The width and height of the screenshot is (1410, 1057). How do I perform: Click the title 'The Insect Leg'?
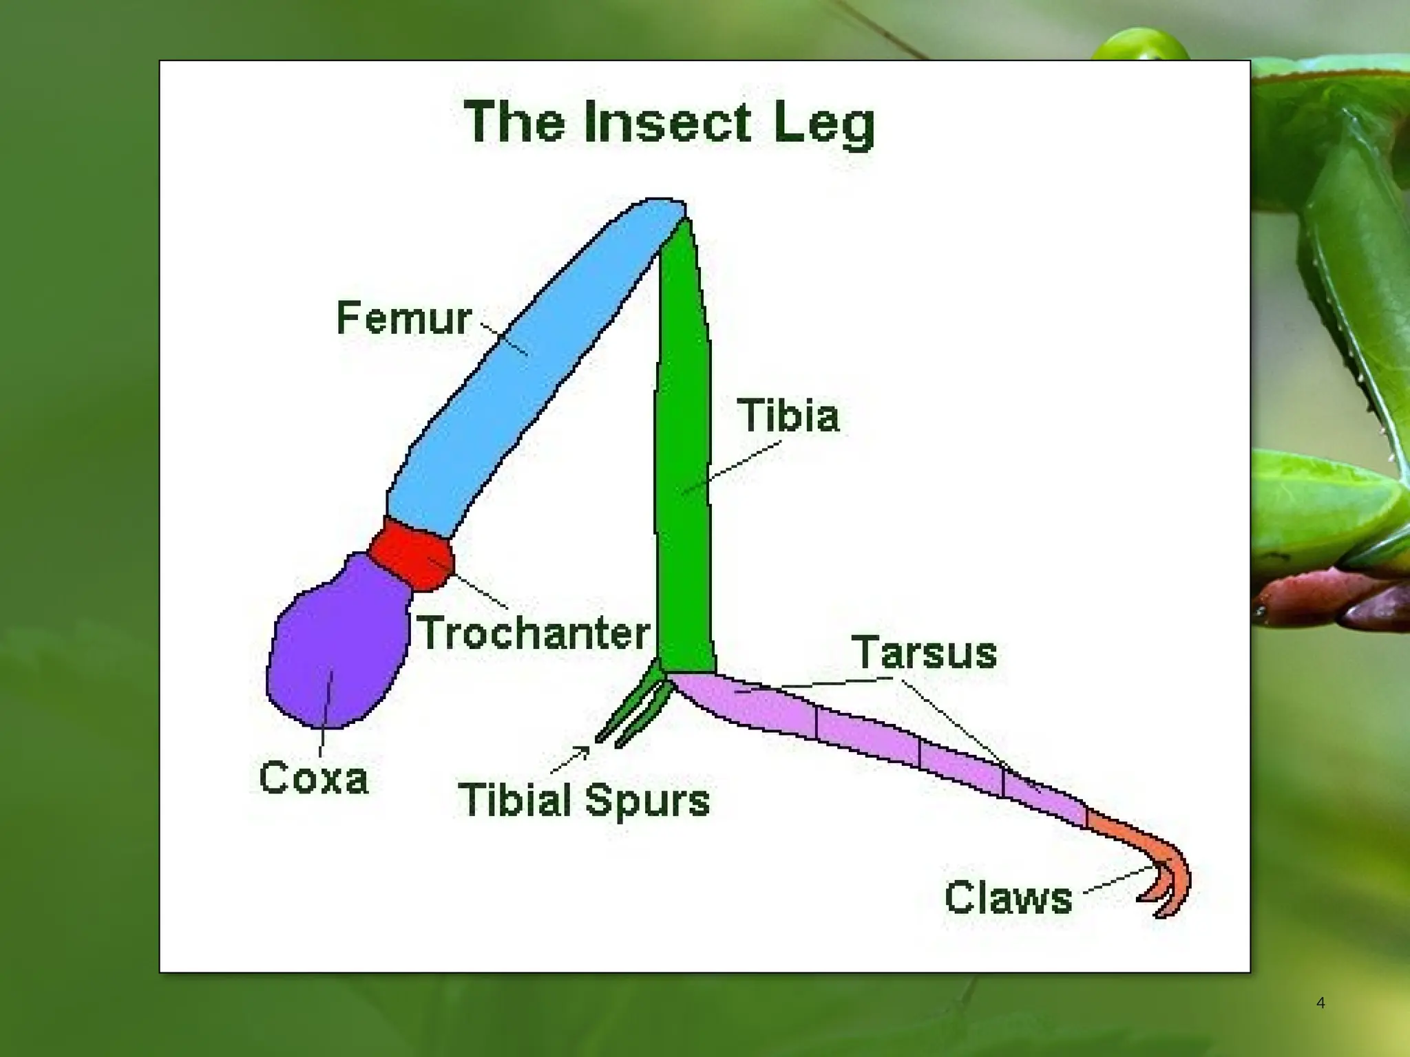[669, 124]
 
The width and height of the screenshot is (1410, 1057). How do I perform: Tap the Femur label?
[403, 319]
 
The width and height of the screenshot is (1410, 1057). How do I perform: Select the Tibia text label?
[788, 416]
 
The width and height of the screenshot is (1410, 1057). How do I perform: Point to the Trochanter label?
[534, 633]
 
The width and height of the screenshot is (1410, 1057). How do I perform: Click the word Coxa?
[314, 778]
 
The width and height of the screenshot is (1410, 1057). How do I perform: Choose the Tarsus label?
[924, 652]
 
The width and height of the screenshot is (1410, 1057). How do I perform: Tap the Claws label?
[1009, 897]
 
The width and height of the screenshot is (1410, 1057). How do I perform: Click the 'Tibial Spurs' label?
[584, 800]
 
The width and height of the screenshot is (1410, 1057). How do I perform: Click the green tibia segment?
[682, 447]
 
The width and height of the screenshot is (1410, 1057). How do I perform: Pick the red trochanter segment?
[412, 555]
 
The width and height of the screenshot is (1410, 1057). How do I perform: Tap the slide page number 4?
[1320, 1003]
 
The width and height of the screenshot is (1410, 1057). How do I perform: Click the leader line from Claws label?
[1119, 880]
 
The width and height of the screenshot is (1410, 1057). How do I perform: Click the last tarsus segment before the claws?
[1043, 798]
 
